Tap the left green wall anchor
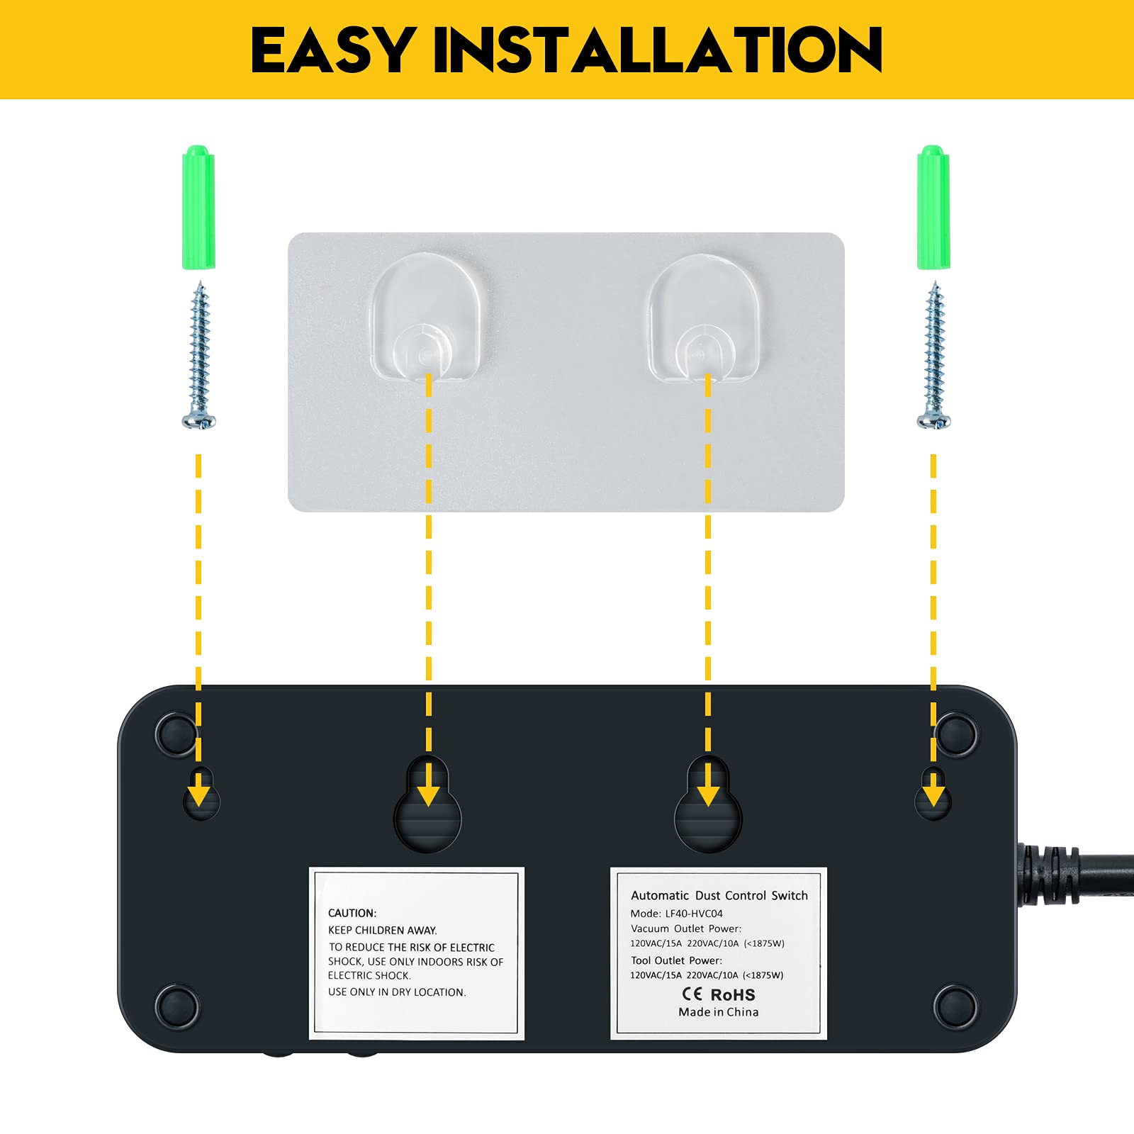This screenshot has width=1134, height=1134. point(198,208)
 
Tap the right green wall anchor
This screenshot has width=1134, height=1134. point(933,208)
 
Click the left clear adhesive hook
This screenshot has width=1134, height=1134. point(426,317)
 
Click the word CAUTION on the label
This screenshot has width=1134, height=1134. point(352,913)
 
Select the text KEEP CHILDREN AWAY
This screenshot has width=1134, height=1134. point(382,930)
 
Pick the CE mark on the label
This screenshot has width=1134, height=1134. point(692,994)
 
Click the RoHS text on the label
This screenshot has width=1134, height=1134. point(733,994)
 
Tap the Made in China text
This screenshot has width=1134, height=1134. point(718,1012)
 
